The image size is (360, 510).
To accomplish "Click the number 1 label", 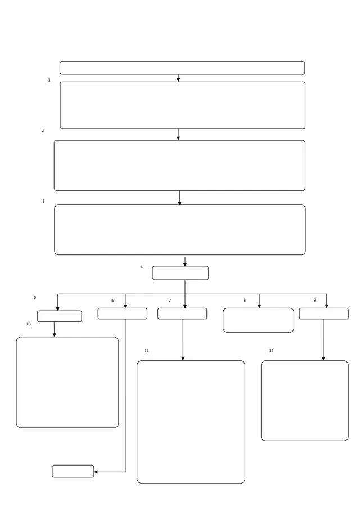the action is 49,80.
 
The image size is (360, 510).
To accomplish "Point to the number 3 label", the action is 43,201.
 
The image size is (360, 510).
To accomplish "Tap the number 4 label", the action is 141,267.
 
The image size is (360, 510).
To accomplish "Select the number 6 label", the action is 112,301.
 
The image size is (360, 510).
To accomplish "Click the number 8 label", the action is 245,300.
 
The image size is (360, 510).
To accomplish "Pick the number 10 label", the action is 29,324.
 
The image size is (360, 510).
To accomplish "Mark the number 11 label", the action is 147,351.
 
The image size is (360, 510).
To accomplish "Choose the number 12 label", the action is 271,351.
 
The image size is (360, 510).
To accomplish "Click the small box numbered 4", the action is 181,273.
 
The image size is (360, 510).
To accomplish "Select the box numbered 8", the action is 258,320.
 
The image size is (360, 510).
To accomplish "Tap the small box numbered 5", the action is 60,316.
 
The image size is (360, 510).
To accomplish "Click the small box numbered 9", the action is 323,314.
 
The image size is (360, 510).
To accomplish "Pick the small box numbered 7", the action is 182,314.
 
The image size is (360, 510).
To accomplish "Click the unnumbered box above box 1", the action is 182,68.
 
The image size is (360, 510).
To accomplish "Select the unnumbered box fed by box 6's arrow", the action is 73,471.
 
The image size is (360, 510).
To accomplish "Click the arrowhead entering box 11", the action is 183,359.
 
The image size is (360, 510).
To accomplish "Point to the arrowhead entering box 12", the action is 323,359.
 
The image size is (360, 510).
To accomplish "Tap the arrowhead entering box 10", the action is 54,335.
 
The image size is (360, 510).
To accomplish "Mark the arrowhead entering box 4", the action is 185,265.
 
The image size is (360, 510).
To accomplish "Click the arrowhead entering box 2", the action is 178,138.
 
